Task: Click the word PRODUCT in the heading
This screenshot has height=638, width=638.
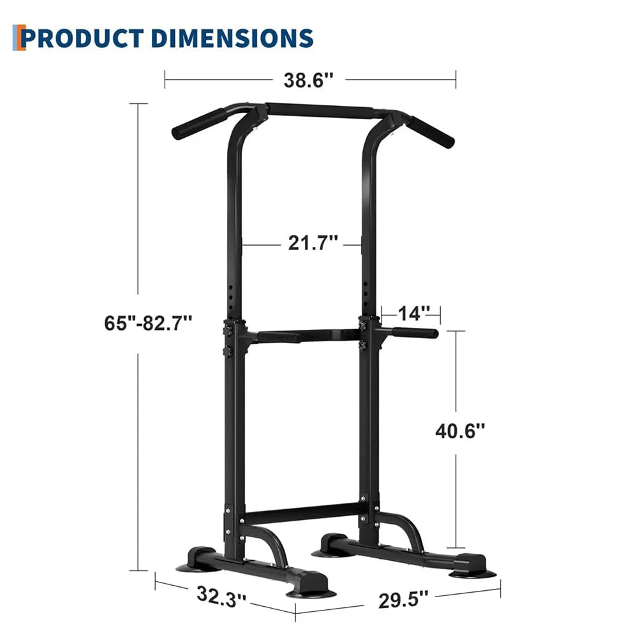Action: pyautogui.click(x=82, y=38)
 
